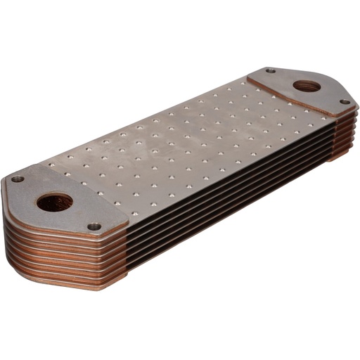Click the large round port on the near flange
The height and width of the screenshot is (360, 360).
click(x=55, y=203)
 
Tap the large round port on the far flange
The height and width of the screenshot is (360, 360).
click(x=305, y=87)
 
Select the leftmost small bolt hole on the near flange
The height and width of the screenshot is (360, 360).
click(x=18, y=179)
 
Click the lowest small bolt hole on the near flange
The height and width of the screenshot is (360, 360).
click(x=94, y=226)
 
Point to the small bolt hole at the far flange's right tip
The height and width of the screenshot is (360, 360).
click(x=345, y=102)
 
